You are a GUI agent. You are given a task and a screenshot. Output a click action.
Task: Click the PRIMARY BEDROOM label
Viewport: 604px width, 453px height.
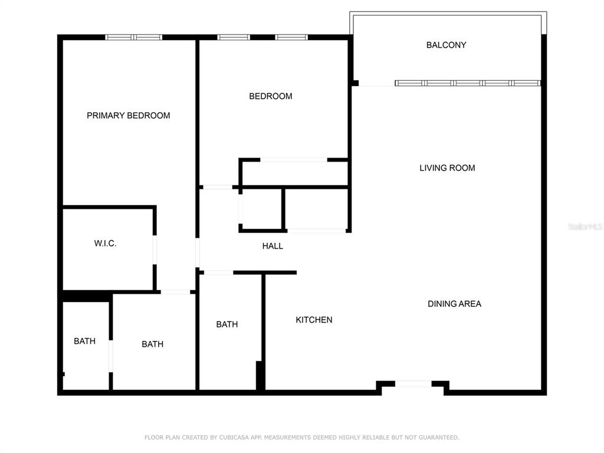[128, 116]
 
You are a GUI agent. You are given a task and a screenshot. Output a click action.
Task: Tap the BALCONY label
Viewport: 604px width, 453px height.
[446, 45]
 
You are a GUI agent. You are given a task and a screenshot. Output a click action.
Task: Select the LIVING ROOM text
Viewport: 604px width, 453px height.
[447, 168]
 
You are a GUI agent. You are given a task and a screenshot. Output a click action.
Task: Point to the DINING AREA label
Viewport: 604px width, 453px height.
[455, 304]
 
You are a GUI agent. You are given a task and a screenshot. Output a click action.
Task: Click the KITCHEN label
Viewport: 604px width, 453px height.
[314, 320]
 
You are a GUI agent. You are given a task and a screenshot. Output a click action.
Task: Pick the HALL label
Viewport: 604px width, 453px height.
[273, 246]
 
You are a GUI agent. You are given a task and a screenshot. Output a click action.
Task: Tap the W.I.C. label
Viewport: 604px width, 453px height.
[105, 244]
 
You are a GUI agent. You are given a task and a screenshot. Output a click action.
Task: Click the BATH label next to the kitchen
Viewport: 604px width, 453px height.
[227, 324]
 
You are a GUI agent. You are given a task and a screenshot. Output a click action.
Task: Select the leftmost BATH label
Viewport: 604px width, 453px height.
[85, 342]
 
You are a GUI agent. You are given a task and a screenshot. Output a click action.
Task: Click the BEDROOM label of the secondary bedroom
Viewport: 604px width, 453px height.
[271, 96]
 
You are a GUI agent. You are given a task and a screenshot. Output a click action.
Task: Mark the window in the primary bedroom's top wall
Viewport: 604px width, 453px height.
[134, 37]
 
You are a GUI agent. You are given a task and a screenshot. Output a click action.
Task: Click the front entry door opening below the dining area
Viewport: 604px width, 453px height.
[413, 383]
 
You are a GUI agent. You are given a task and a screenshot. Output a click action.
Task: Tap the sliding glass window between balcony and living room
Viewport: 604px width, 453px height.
[468, 83]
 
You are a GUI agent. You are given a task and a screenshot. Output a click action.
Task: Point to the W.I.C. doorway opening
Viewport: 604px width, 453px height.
[155, 250]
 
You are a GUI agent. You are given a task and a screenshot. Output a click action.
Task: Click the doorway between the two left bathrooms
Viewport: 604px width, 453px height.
[111, 356]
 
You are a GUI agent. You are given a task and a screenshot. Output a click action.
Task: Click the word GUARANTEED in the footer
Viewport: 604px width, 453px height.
[439, 437]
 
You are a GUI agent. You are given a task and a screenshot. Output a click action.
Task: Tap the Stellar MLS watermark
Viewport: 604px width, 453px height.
[585, 226]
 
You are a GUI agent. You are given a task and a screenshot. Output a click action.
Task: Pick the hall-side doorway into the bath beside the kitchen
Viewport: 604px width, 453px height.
[218, 273]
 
